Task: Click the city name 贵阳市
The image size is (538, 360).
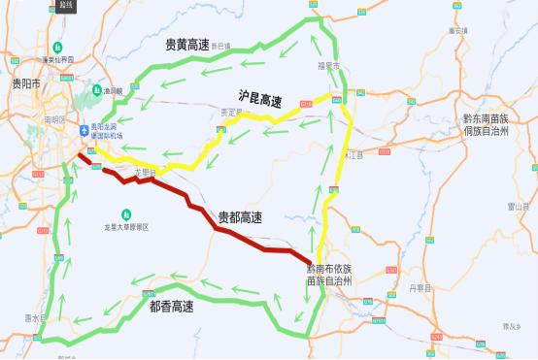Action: [24, 83]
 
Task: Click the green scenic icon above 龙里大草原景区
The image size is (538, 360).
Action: [126, 213]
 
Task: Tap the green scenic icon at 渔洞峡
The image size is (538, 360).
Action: [97, 90]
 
